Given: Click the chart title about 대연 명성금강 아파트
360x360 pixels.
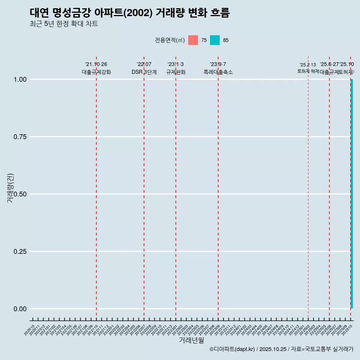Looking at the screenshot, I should pos(129,13).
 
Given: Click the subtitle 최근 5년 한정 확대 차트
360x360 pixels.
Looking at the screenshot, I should pos(64,24).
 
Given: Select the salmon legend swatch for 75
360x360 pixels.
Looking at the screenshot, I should pos(193,40).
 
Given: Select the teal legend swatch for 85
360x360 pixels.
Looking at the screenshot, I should pos(214,40).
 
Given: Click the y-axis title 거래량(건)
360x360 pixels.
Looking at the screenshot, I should pos(10,188).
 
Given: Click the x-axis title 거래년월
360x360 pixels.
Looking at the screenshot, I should pos(191,340).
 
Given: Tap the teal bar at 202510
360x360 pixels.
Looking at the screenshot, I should pos(352,194).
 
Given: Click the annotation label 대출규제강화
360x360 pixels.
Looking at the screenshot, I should pos(96,72).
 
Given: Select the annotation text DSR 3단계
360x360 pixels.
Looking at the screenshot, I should pos(144,72).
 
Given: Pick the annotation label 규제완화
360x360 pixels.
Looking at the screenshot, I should pos(175,72).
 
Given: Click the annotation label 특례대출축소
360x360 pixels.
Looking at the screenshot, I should pos(218,72).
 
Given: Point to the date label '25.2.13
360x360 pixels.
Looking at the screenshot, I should pos(308,65).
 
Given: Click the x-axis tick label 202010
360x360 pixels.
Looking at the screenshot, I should pos(30,330).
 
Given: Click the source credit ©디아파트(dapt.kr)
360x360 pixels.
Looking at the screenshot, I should pos(232,349).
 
